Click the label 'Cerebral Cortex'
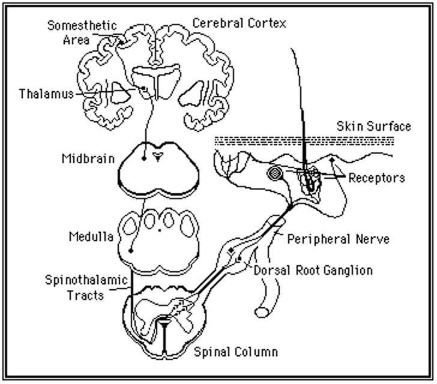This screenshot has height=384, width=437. tap(239, 23)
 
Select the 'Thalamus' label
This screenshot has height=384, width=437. tap(44, 94)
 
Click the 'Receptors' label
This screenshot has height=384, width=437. tap(377, 178)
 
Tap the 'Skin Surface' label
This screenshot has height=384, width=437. tap(373, 127)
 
